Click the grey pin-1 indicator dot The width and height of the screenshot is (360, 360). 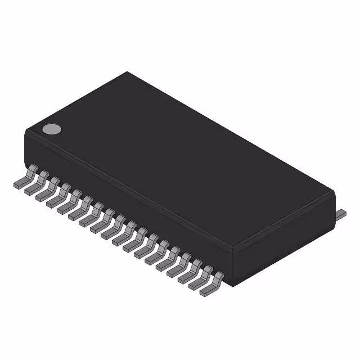(x=52, y=129)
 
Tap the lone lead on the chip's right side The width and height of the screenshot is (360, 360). (x=341, y=213)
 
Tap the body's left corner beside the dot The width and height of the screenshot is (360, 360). (x=26, y=133)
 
